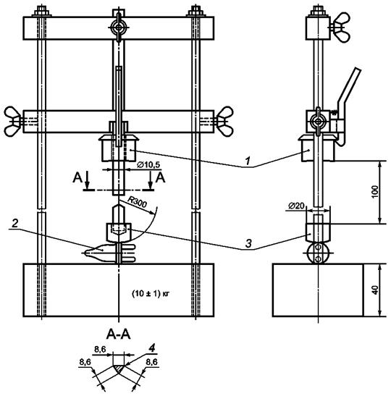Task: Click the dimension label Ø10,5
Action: [148, 165]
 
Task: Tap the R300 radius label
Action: [137, 203]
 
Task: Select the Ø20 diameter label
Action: [296, 206]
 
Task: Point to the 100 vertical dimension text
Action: [375, 192]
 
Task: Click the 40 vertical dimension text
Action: [375, 290]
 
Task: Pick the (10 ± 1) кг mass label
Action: [151, 294]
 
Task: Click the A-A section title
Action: [119, 335]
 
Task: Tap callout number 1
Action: [248, 161]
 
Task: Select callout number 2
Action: [15, 223]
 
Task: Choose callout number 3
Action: [248, 244]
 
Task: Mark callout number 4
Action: [151, 349]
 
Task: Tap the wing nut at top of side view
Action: [340, 28]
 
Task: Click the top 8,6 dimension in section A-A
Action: [100, 350]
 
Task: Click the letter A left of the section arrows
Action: [77, 178]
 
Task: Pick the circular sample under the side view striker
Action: [319, 253]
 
